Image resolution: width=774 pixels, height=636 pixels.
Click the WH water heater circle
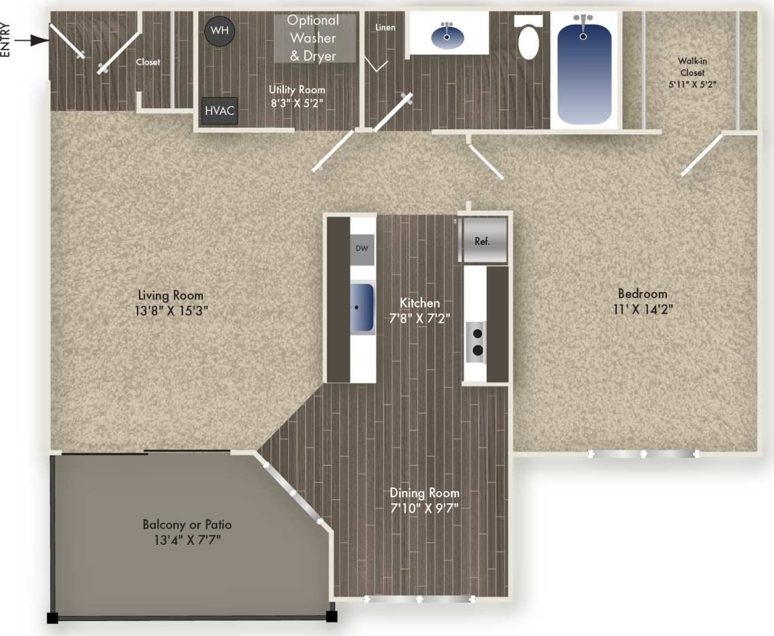(219, 31)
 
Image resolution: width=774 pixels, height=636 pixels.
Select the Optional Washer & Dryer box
(315, 39)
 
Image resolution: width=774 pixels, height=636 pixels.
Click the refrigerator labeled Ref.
(483, 240)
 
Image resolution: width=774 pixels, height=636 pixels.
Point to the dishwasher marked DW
(362, 249)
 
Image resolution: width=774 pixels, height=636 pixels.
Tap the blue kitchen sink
(362, 307)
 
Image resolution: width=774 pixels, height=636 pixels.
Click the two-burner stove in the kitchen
(477, 341)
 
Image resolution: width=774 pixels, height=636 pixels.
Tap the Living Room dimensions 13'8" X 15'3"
(171, 309)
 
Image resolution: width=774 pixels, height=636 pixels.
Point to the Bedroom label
(642, 294)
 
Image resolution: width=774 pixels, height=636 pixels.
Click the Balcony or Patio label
(187, 525)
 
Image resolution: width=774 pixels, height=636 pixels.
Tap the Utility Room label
(297, 90)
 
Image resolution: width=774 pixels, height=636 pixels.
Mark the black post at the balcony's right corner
(332, 617)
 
